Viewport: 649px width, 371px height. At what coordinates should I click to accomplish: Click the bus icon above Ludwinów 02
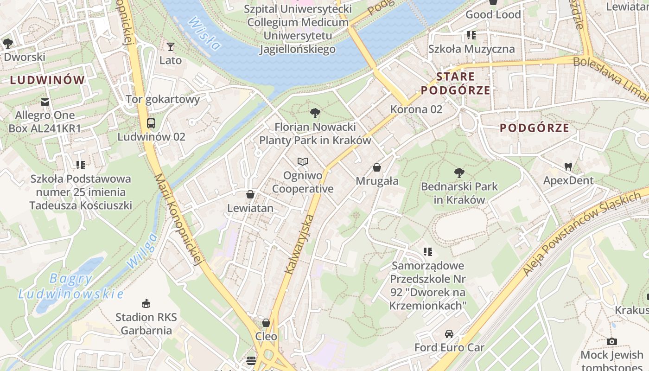(151, 123)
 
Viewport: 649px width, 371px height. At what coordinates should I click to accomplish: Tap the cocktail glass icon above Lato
(171, 46)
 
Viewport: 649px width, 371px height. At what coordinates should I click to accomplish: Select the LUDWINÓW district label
(48, 80)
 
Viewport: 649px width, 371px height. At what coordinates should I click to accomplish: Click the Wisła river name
(204, 33)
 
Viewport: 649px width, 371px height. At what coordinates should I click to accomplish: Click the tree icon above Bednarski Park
(459, 173)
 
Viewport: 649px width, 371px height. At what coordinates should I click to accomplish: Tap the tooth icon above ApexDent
(568, 166)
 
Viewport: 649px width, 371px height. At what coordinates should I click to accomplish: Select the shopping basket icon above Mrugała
(377, 167)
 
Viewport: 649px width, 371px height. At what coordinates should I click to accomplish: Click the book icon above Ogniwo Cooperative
(303, 161)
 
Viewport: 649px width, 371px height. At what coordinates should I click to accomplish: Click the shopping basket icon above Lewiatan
(250, 194)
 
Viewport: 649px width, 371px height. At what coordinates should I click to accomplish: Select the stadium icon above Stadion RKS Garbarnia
(146, 304)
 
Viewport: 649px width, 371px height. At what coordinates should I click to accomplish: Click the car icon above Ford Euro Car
(449, 334)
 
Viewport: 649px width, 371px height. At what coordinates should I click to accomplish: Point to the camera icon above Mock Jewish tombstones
(612, 342)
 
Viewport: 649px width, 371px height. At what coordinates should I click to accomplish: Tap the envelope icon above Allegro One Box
(45, 102)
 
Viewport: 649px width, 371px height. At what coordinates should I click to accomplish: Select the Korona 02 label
(416, 109)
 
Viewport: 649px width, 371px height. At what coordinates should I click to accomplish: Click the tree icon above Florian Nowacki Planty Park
(315, 113)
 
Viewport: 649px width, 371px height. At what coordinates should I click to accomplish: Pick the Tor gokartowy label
(163, 99)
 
